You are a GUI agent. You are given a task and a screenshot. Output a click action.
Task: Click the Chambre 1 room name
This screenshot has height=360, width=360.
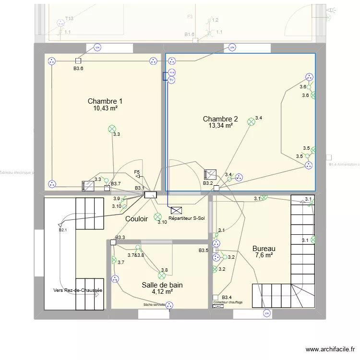tap(105, 101)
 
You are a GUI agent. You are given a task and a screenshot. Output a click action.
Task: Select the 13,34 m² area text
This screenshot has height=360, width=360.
tap(220, 126)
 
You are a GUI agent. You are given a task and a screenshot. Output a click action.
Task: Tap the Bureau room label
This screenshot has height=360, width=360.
tap(264, 249)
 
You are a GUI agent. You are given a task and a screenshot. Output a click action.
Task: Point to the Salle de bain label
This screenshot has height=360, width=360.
tap(162, 285)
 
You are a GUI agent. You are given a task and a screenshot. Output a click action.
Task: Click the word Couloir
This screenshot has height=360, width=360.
tap(137, 219)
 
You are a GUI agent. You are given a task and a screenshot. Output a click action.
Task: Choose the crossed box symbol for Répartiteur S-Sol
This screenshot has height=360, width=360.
tap(176, 210)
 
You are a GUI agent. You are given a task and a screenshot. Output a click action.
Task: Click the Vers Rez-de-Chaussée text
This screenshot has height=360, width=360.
tap(78, 290)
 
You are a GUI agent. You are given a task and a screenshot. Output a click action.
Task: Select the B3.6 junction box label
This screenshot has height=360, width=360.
tap(78, 69)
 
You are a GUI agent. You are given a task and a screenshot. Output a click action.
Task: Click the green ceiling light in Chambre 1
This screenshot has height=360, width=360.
tap(112, 128)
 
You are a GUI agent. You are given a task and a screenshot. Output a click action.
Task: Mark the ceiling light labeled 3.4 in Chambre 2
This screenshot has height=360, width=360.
tap(251, 122)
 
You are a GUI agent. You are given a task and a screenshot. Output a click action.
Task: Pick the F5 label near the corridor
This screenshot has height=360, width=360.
tap(137, 172)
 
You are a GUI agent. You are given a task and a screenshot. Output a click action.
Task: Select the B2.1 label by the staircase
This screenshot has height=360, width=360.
tap(63, 230)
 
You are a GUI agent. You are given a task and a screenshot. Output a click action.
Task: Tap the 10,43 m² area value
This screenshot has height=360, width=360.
tap(106, 108)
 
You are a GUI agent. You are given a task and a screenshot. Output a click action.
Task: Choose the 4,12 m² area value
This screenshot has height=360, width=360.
tap(162, 291)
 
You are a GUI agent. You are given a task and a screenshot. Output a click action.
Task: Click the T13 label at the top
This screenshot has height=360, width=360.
tap(69, 19)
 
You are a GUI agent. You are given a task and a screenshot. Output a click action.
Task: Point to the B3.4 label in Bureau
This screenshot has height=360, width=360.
tap(227, 298)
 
